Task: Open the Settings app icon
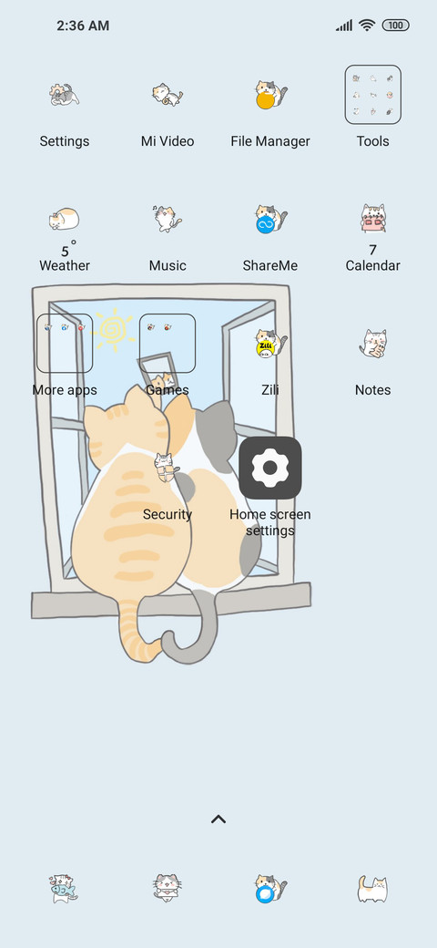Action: [65, 95]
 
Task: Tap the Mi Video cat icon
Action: [168, 95]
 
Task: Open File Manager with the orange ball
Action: [270, 95]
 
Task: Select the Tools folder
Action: [373, 94]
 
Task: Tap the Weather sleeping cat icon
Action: [64, 219]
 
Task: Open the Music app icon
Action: [168, 218]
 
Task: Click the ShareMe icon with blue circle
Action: [270, 219]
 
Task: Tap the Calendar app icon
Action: [373, 218]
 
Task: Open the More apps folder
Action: [65, 343]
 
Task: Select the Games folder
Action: [168, 343]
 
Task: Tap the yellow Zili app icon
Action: [270, 344]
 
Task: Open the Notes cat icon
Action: [373, 344]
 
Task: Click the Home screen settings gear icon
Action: [270, 468]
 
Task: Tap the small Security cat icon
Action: [166, 468]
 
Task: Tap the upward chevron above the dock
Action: [218, 819]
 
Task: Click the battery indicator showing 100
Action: [396, 26]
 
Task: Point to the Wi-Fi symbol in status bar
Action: [367, 25]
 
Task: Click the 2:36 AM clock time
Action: [83, 26]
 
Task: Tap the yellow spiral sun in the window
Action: [113, 329]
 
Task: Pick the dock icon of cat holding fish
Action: [64, 889]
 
